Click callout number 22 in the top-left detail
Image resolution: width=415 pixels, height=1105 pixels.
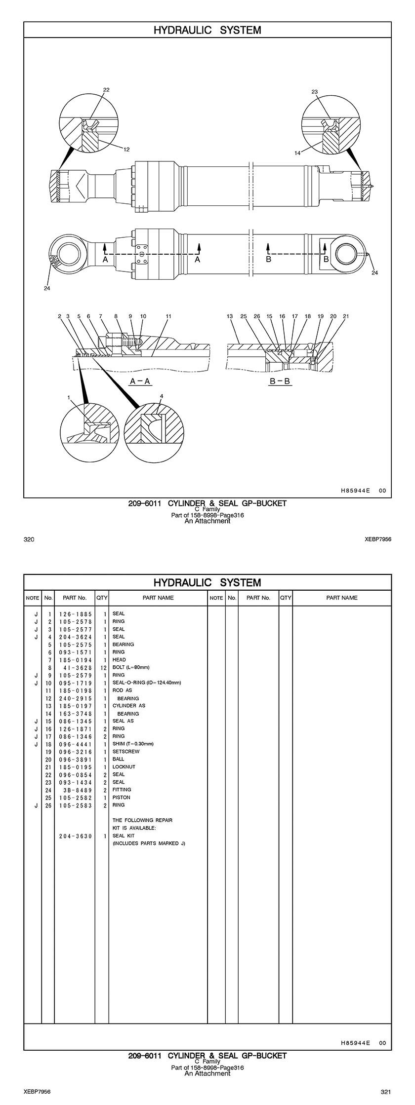point(106,90)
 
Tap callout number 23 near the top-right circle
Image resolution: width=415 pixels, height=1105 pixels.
point(315,92)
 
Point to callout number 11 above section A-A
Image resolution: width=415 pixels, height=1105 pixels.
point(168,316)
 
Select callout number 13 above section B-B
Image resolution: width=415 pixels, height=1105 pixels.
point(230,316)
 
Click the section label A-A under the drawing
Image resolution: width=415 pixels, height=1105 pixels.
point(139,381)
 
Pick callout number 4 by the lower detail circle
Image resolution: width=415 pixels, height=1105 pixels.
point(161,396)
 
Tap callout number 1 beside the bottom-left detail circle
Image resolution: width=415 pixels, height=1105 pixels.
point(69,397)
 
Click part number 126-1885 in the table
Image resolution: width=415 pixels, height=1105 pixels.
point(76,614)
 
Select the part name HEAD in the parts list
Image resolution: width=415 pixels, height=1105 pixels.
point(119,660)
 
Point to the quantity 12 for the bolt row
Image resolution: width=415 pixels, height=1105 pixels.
point(103,668)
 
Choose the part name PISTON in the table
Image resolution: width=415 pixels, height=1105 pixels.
point(121,798)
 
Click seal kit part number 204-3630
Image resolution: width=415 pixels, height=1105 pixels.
point(76,836)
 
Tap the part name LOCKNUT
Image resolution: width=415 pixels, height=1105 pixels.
point(124,767)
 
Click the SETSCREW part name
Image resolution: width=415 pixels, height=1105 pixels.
point(126,752)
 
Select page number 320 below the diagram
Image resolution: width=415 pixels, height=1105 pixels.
point(29,539)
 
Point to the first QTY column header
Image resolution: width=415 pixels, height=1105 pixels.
point(102,598)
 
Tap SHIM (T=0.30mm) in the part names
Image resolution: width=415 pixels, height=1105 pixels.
point(133,744)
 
